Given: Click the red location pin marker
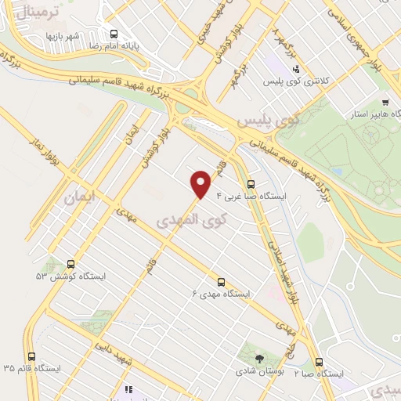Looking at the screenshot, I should [x=201, y=183].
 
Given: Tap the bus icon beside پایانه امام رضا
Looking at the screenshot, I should [x=115, y=34].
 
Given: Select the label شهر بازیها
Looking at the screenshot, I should [x=63, y=36].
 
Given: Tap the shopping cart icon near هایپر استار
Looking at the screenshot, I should [x=385, y=103].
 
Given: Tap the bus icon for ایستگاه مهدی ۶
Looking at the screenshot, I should [x=221, y=282].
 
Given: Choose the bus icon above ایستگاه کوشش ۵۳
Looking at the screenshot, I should [x=71, y=264].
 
